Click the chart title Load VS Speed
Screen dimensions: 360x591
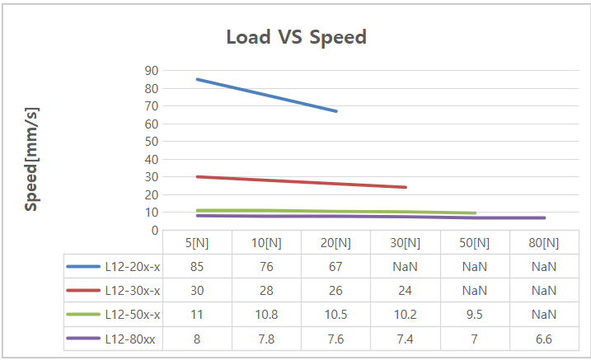coord(296,38)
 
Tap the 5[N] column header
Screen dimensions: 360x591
coord(197,243)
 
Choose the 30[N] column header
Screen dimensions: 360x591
coord(405,243)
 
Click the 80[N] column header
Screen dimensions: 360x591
coord(543,243)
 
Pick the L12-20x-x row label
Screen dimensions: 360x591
coord(133,267)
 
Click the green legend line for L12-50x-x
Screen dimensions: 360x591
coord(83,315)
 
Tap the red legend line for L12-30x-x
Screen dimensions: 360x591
coord(83,291)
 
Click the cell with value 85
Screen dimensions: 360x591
coord(197,267)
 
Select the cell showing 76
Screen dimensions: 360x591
coord(266,267)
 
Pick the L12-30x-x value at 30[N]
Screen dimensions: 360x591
coord(405,291)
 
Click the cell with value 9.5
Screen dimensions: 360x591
coord(474,315)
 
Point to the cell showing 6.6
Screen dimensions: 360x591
coord(543,339)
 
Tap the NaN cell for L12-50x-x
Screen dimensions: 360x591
coord(543,315)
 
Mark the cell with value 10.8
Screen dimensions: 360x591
coord(266,315)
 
